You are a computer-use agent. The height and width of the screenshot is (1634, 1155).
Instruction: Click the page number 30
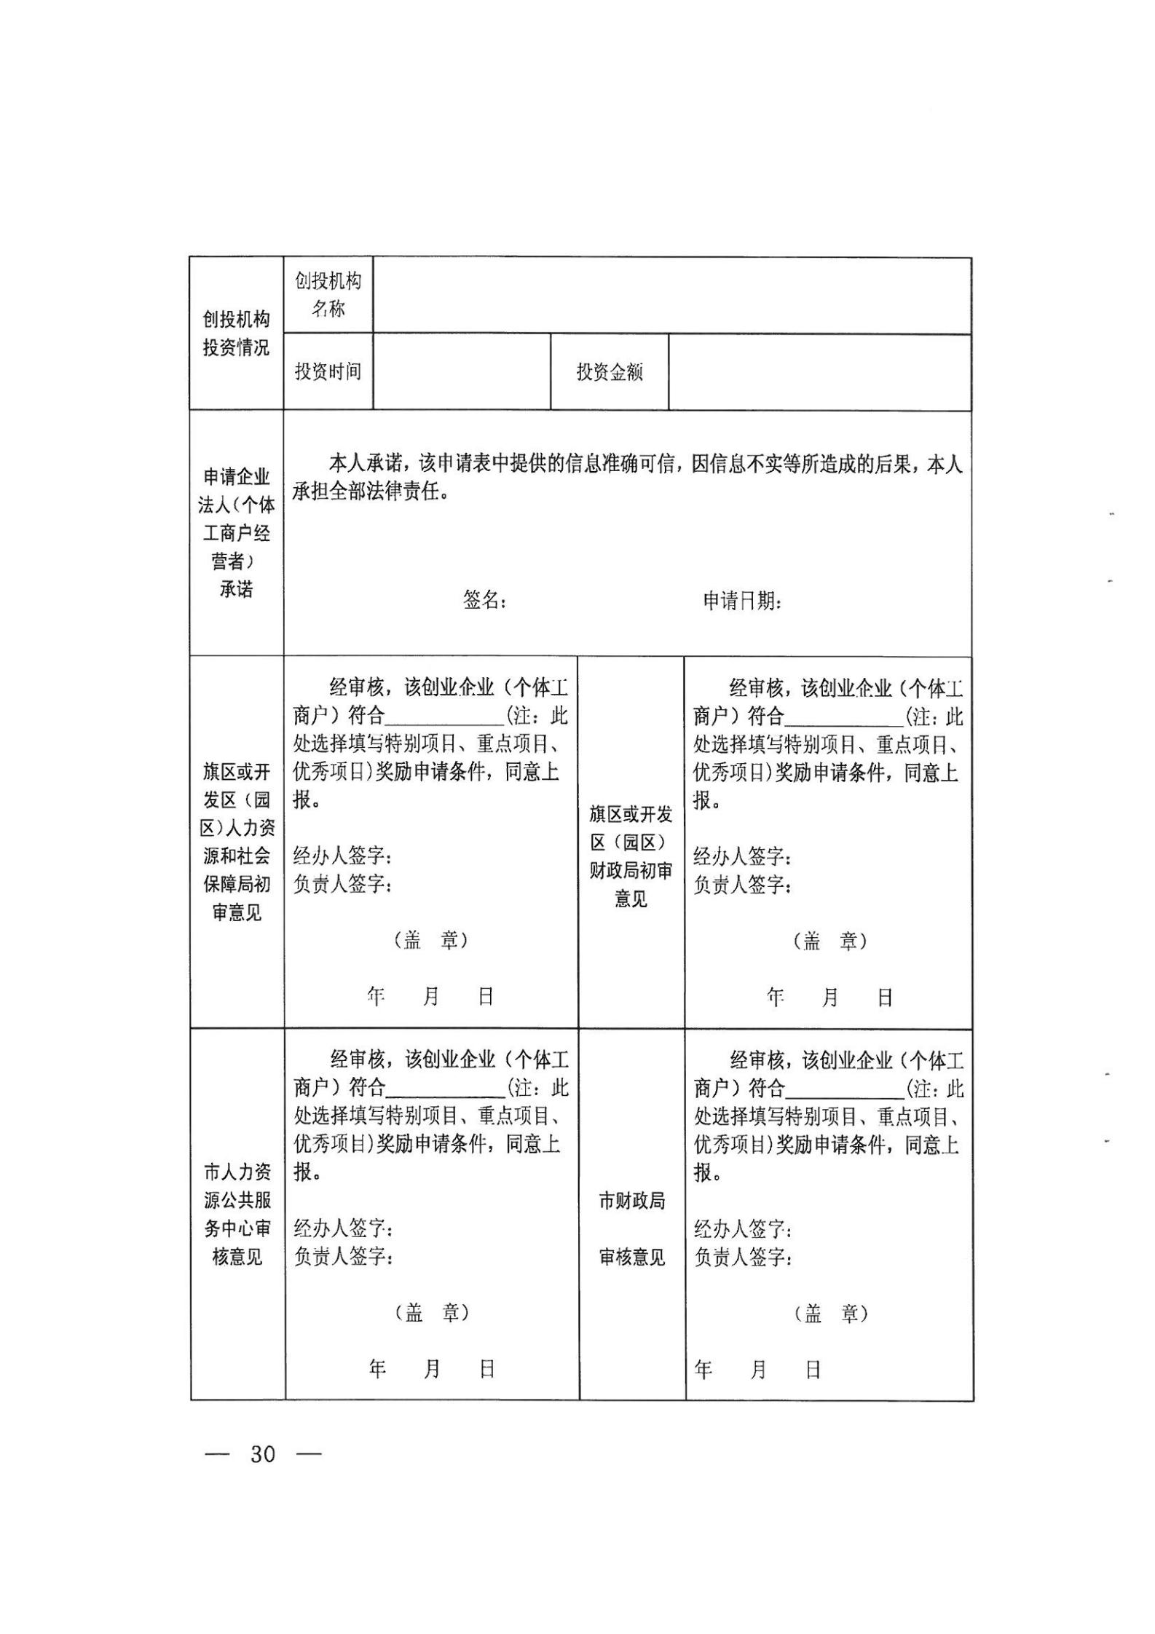click(x=263, y=1474)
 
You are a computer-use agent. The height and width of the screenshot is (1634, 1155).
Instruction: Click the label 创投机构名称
click(x=328, y=295)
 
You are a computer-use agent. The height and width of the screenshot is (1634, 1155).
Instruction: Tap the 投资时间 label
click(x=328, y=371)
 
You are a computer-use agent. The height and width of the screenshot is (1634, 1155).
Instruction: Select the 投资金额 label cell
click(x=610, y=372)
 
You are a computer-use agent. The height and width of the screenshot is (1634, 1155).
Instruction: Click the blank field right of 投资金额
click(x=819, y=372)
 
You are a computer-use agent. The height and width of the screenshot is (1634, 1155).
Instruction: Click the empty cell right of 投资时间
click(x=461, y=372)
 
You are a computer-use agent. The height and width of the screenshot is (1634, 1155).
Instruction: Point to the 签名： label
click(x=484, y=600)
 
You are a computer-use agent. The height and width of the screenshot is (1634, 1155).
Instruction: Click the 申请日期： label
click(x=742, y=601)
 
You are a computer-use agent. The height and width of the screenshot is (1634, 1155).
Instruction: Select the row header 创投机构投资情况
click(x=236, y=333)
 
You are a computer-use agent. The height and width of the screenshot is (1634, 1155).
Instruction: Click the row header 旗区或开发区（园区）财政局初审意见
click(x=631, y=856)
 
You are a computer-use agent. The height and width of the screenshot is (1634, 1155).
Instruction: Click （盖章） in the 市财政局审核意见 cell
click(x=830, y=1314)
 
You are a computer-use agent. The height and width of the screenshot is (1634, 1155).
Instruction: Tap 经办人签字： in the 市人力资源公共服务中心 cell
click(x=343, y=1229)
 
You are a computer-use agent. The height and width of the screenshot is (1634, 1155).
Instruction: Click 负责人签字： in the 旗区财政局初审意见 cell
click(x=742, y=885)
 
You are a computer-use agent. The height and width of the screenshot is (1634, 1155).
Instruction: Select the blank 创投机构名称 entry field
click(x=671, y=296)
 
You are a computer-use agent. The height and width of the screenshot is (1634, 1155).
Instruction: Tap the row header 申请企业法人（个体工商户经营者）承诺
click(x=236, y=533)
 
